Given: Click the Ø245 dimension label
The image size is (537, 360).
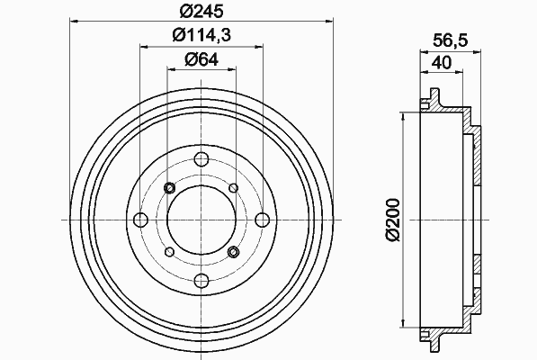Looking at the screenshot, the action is click(201, 11).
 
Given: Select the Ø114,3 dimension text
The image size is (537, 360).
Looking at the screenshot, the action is click(201, 34).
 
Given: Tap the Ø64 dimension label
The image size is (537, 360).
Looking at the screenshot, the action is click(201, 59).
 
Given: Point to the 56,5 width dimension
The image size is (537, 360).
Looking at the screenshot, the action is click(450, 40).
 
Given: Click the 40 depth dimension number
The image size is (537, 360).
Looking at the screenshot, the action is click(442, 63).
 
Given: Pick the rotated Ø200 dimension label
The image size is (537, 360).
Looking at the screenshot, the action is click(393, 220).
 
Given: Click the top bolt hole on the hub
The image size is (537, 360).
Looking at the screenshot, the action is click(201, 158).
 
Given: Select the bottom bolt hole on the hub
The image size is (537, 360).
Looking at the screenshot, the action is click(201, 281).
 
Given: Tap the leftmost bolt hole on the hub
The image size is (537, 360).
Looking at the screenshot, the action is click(140, 220).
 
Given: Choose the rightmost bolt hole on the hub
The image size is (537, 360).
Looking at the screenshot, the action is click(263, 220).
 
